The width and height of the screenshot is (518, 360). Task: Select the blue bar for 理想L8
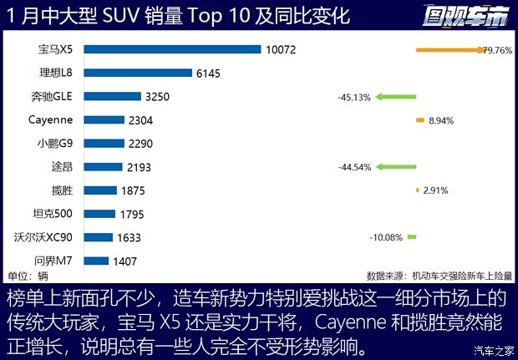[x=137, y=74]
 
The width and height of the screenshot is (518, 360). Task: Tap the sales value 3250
[x=157, y=97]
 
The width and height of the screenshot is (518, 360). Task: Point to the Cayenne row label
[x=49, y=119]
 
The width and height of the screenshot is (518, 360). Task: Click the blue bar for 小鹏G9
[x=105, y=144]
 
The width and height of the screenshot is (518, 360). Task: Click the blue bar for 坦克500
[x=99, y=214]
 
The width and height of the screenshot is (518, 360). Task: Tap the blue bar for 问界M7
[x=97, y=261]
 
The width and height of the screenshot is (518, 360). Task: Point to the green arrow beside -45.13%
[x=394, y=97]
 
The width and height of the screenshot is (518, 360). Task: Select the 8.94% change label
[x=440, y=120]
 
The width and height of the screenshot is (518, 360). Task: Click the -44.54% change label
[x=354, y=167]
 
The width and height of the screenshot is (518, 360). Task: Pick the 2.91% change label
[x=436, y=190]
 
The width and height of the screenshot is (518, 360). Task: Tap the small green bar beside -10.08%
[x=412, y=237]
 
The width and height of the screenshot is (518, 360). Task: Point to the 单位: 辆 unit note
[x=28, y=276]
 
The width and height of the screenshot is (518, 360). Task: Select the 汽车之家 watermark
[x=493, y=350]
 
